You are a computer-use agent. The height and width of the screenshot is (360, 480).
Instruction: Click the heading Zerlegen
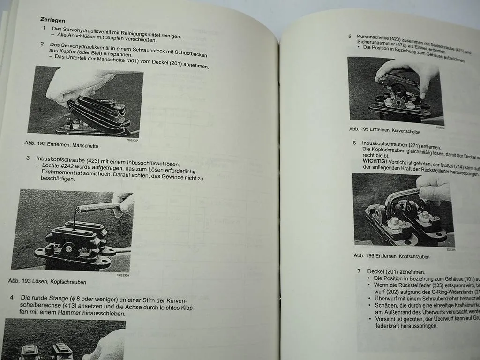(52, 20)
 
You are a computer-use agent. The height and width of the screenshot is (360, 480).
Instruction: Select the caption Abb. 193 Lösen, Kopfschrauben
(47, 282)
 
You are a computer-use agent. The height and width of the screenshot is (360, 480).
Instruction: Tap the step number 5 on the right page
(350, 36)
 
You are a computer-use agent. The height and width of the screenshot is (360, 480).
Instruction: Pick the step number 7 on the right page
(359, 271)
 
